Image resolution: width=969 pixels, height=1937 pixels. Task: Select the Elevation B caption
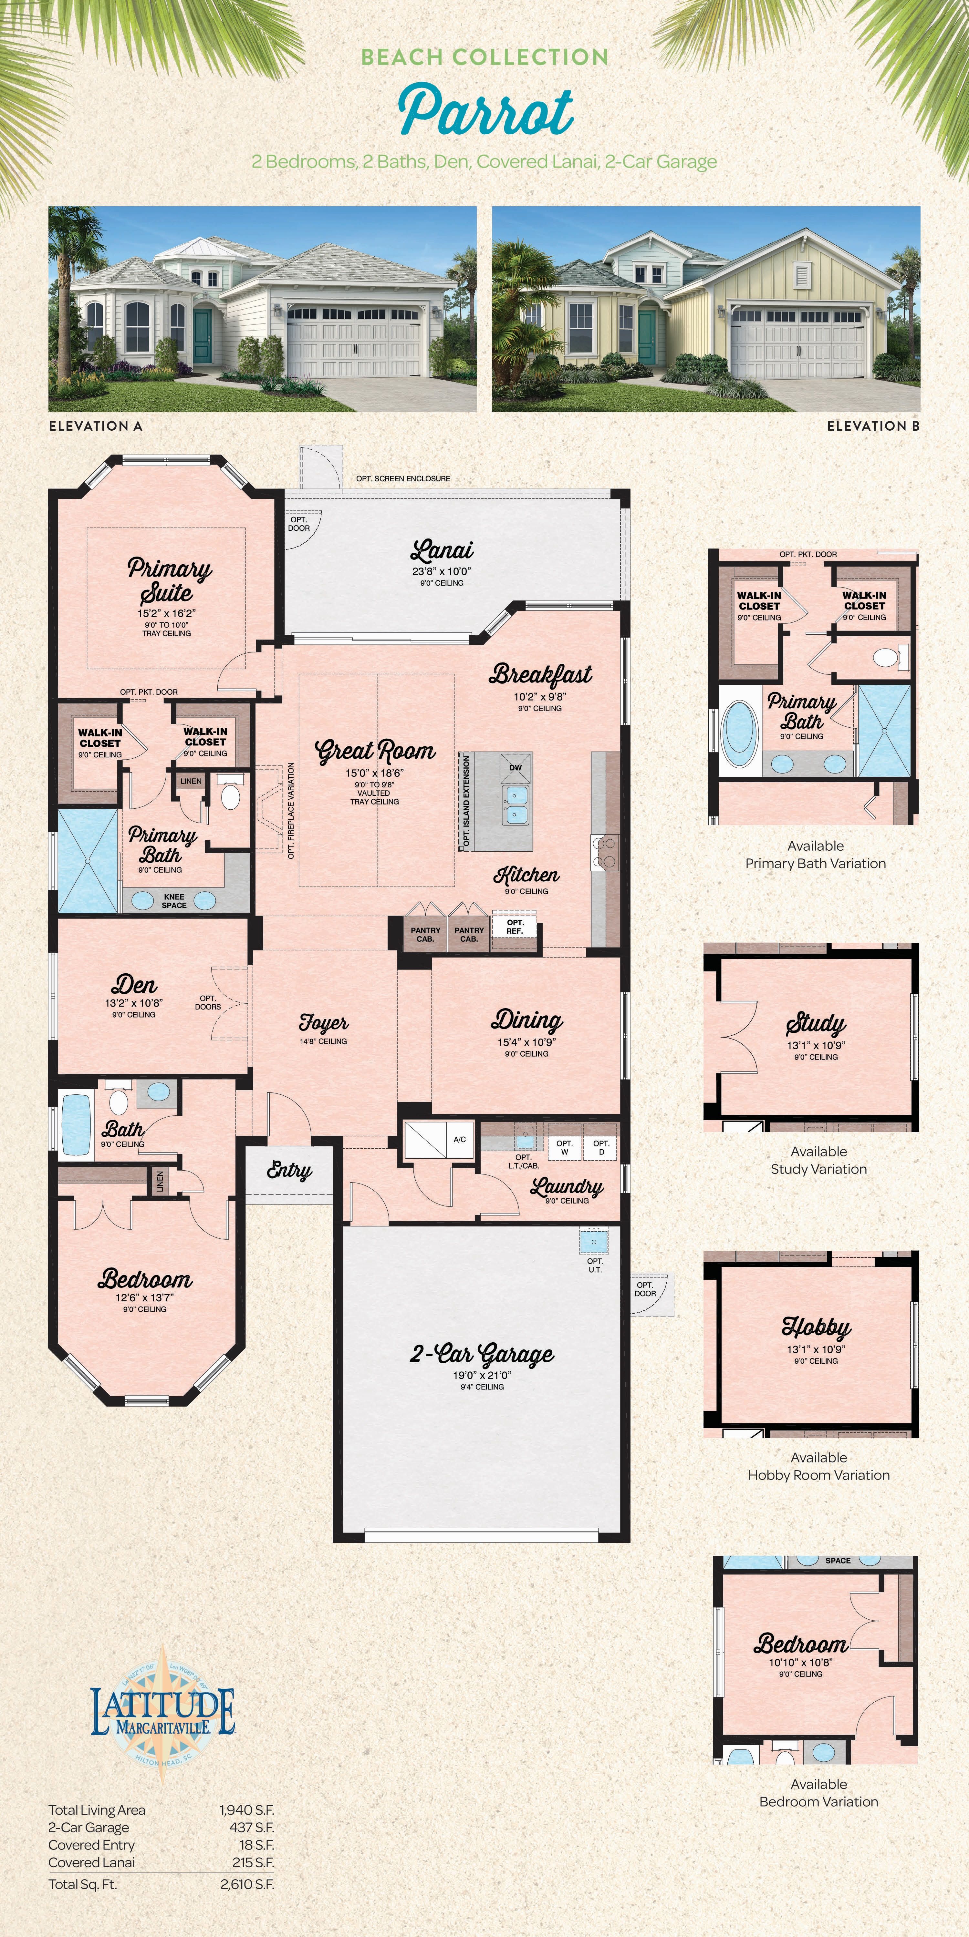(x=873, y=425)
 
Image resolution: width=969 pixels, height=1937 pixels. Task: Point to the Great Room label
(x=375, y=751)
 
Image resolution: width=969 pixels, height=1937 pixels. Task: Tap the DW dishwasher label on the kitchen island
(x=515, y=768)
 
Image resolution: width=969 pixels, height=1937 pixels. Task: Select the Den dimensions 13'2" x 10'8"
(x=134, y=1002)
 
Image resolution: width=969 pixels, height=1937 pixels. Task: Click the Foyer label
(x=324, y=1023)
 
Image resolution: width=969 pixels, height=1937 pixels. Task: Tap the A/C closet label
(x=460, y=1139)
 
